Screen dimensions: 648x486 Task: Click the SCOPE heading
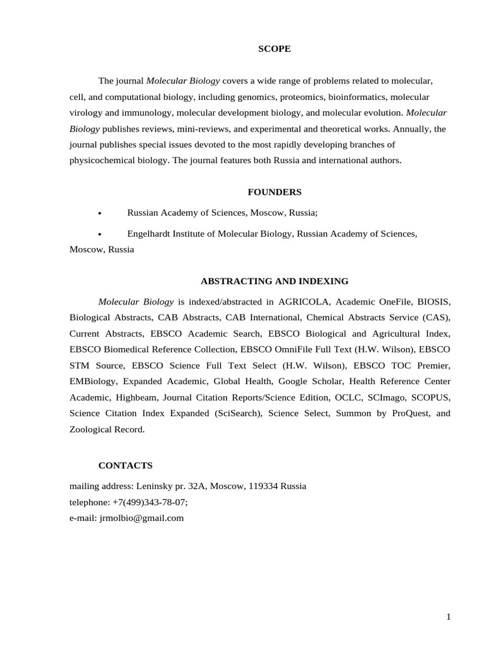point(274,49)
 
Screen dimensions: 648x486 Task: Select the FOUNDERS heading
point(274,192)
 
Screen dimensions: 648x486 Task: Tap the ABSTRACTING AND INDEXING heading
point(274,281)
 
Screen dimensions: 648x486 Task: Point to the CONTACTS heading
point(125,466)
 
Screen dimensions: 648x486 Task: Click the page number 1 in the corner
point(449,618)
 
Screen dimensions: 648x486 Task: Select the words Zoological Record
point(107,429)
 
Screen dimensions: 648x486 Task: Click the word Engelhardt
point(152,234)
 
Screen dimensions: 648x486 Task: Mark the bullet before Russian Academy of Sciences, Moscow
point(100,214)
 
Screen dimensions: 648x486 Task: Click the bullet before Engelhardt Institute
point(100,234)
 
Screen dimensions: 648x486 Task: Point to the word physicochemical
point(101,160)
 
